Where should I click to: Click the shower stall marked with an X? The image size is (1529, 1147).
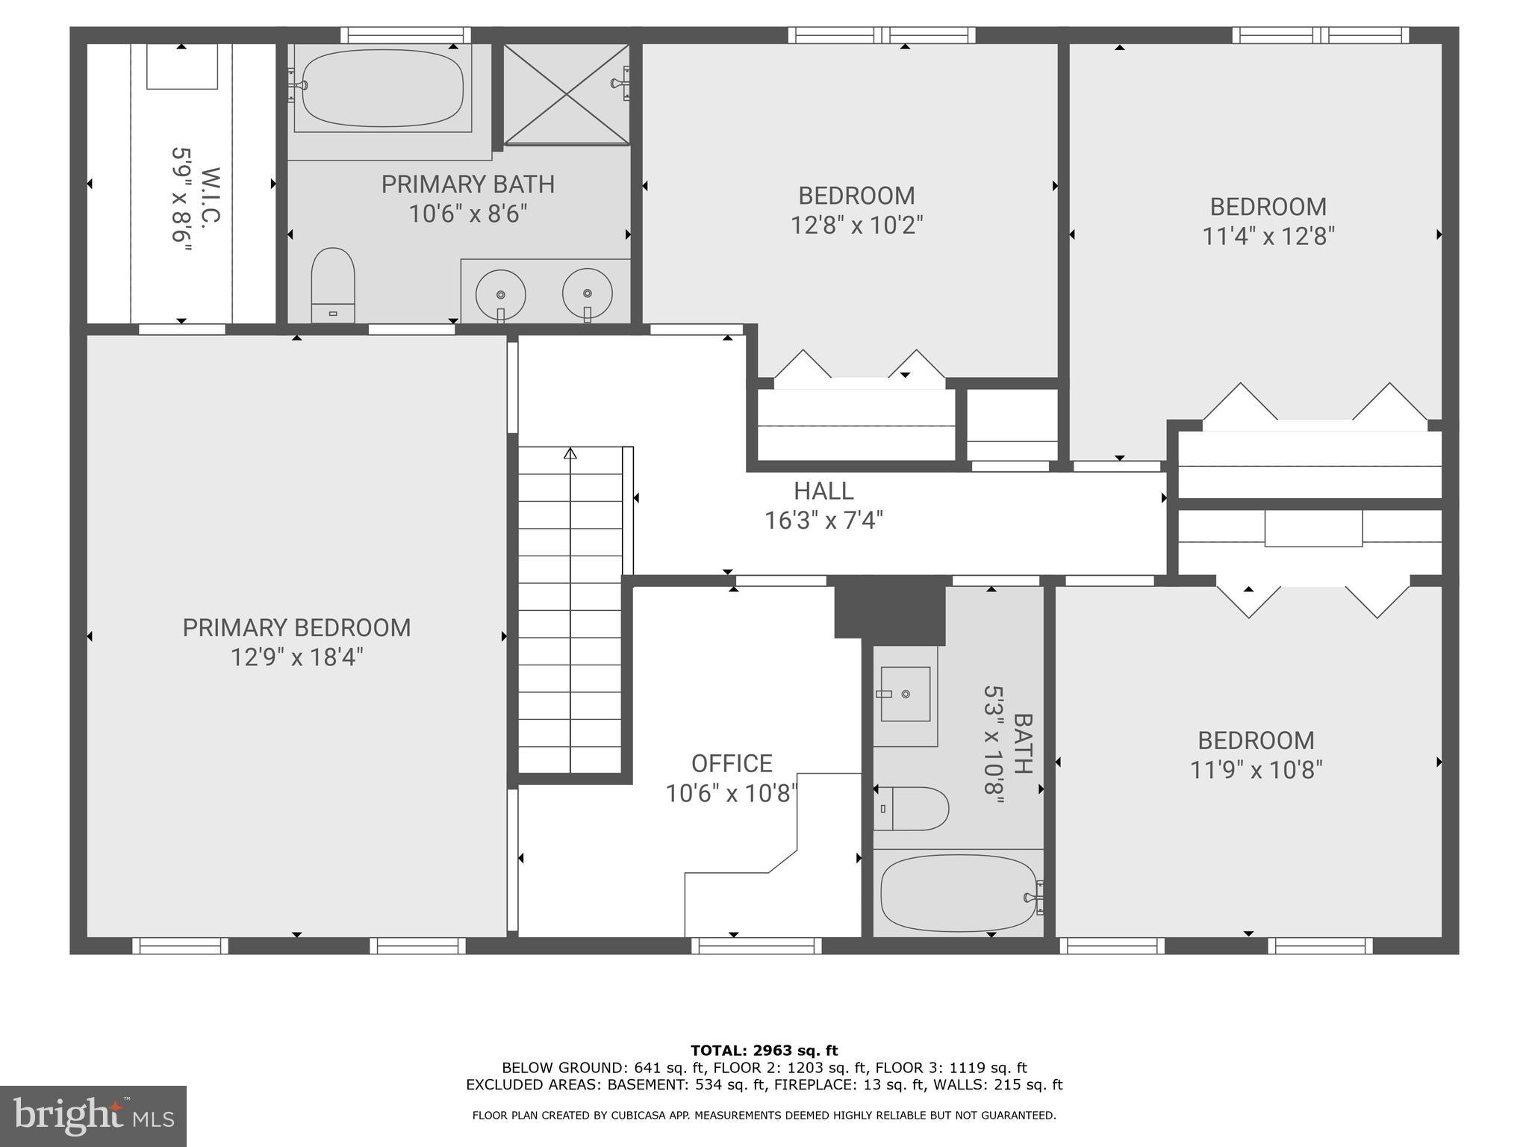(x=567, y=93)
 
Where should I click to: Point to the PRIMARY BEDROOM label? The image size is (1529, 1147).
(x=296, y=628)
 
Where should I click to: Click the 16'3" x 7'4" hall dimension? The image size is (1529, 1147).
(x=823, y=520)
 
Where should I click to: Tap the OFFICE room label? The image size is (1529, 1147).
(x=732, y=763)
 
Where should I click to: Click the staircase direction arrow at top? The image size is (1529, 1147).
(x=570, y=453)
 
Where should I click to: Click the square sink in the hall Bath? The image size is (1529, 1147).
(x=906, y=694)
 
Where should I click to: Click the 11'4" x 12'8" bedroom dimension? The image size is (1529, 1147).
(x=1268, y=237)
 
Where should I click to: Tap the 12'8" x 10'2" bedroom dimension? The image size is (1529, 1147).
(x=856, y=226)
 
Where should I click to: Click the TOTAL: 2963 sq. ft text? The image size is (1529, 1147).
(x=764, y=1051)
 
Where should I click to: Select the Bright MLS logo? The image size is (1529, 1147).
(x=93, y=1116)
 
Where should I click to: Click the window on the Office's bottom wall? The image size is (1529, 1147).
(x=756, y=946)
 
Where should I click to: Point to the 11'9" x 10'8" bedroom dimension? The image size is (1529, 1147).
(x=1256, y=770)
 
